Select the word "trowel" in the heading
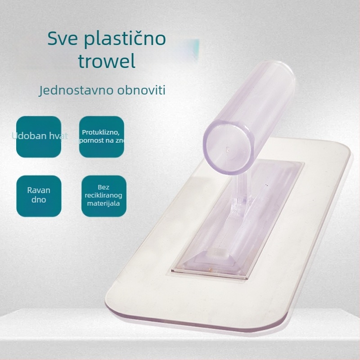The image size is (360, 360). click(106, 62)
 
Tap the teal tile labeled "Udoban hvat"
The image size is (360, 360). click(38, 136)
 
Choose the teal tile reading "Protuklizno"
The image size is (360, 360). click(101, 136)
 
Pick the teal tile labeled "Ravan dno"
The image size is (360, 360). click(39, 196)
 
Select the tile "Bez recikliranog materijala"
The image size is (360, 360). click(103, 196)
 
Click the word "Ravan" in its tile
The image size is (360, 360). click(39, 190)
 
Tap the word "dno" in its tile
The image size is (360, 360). click(39, 199)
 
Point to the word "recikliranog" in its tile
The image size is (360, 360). click(103, 196)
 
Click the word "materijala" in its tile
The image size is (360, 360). click(103, 204)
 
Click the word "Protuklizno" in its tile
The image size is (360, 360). click(100, 132)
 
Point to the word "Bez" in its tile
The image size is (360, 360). click(103, 187)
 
